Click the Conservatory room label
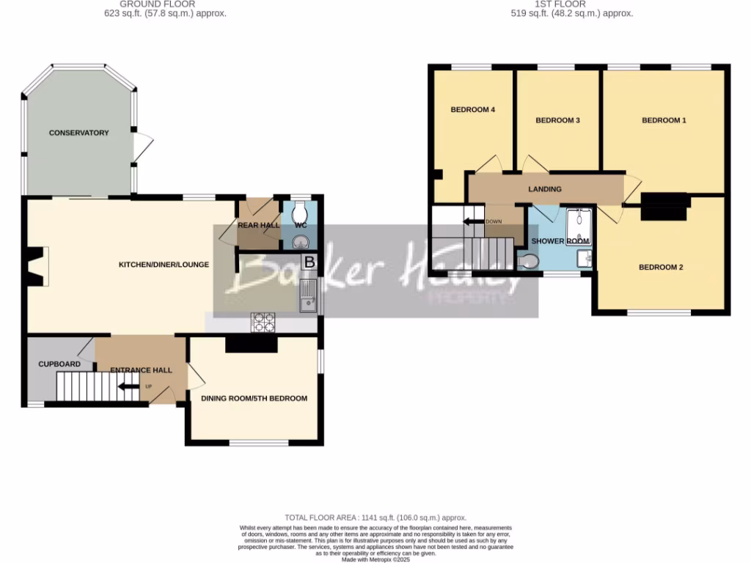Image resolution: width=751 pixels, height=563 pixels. [x=78, y=133]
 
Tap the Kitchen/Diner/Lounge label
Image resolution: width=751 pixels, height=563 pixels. [x=164, y=265]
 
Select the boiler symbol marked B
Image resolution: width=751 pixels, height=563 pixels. [x=309, y=262]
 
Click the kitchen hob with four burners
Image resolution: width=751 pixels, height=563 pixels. [x=263, y=320]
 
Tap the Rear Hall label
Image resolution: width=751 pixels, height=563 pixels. [x=258, y=225]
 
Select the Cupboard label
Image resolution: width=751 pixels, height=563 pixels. [x=59, y=364]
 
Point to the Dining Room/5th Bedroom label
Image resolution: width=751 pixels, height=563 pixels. [x=254, y=398]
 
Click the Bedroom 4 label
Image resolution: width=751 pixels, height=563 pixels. [x=472, y=110]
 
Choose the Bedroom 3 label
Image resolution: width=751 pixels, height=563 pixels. [x=557, y=120]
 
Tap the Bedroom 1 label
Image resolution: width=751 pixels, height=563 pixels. [x=664, y=120]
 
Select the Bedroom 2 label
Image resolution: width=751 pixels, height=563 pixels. [x=660, y=268]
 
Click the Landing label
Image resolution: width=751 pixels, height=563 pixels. [x=545, y=189]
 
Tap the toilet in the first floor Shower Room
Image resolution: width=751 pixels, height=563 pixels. [x=528, y=261]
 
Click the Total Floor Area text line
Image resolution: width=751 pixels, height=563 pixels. [x=375, y=518]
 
